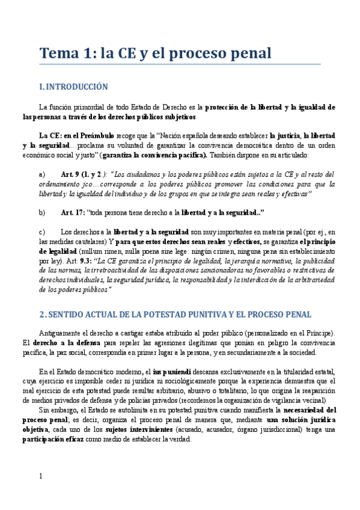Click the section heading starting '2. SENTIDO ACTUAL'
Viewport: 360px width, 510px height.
click(x=175, y=315)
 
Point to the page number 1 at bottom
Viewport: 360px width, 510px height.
click(x=41, y=476)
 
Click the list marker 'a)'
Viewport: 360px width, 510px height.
click(x=41, y=174)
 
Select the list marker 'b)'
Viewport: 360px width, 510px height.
click(x=41, y=213)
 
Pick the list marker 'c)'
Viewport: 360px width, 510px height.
click(x=41, y=232)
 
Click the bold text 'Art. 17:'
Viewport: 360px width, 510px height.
click(x=73, y=213)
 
